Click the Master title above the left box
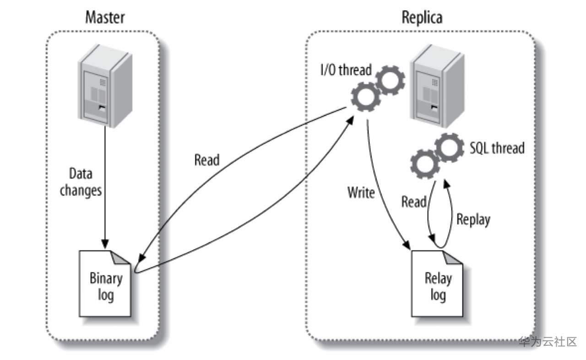click(x=105, y=18)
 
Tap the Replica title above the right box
click(x=422, y=18)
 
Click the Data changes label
click(x=81, y=182)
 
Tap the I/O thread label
click(x=345, y=71)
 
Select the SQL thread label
click(x=497, y=148)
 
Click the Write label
click(x=361, y=193)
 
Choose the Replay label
click(x=473, y=219)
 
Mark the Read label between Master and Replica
click(x=207, y=160)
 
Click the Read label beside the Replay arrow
click(x=414, y=201)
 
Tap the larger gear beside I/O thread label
click(x=365, y=97)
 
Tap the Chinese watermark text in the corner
click(x=548, y=341)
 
